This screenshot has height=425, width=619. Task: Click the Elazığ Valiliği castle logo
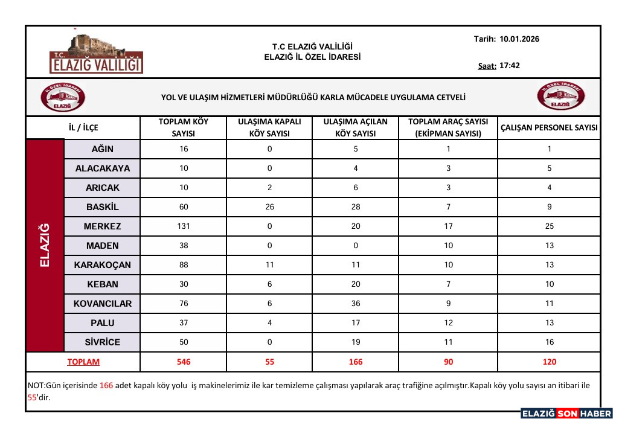97,53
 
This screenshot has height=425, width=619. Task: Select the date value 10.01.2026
519,39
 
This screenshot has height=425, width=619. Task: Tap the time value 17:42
510,66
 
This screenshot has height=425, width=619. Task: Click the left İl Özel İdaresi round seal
62,97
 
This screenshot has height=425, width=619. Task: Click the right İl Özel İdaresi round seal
561,97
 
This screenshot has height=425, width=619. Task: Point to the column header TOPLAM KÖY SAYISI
184,127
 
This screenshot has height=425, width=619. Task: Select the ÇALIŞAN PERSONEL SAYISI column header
549,127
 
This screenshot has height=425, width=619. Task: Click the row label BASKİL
103,207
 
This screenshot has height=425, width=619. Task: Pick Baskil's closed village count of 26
270,207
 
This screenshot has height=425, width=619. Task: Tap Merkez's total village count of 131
184,226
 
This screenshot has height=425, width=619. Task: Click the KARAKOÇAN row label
103,265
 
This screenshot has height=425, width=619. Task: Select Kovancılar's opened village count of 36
356,304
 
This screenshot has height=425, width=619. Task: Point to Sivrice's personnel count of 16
550,342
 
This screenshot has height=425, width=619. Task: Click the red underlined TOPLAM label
83,362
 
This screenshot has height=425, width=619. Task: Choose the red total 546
184,362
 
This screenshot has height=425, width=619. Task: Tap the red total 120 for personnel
550,362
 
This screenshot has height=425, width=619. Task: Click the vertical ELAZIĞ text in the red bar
45,245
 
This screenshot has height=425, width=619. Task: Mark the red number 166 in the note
106,385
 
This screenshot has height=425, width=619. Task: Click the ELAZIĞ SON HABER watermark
566,414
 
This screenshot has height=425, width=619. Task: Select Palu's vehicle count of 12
448,323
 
